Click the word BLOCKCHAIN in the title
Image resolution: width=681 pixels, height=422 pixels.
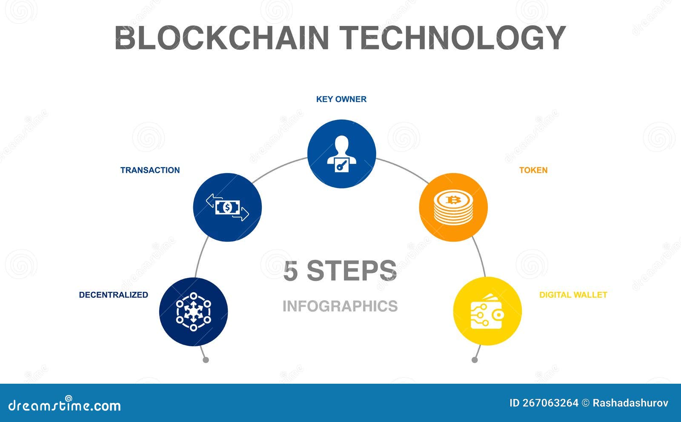222,37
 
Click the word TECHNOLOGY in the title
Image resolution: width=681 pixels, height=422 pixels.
452,37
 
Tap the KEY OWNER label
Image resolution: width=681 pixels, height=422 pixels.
341,100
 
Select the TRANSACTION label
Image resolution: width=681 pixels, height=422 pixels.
150,170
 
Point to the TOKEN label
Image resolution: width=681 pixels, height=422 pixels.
533,170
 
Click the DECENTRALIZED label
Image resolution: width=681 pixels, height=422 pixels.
113,295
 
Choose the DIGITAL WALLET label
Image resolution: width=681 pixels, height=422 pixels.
573,295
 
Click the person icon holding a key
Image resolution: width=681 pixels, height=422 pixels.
342,154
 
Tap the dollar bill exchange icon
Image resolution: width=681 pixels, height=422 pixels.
227,208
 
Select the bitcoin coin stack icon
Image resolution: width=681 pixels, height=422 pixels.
453,207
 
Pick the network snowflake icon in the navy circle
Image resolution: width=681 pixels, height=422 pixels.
193,312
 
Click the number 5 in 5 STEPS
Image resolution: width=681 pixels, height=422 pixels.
290,271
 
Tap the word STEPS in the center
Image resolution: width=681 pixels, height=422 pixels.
352,271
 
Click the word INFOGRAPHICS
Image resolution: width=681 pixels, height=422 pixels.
340,306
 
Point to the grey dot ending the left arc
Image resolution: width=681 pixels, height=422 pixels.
206,360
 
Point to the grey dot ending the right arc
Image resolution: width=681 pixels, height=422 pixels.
475,360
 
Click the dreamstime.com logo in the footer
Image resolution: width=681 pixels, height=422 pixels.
64,405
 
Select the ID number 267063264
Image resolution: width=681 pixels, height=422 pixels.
550,403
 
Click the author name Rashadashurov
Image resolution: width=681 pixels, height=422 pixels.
630,403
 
